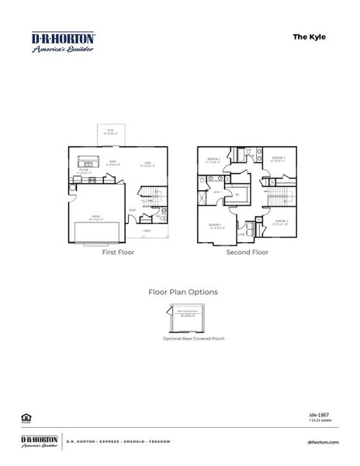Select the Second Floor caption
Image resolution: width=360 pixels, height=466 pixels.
click(247, 252)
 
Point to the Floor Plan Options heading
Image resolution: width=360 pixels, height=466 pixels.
click(182, 292)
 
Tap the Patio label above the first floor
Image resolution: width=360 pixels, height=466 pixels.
click(110, 132)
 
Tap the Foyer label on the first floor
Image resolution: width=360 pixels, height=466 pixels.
click(133, 209)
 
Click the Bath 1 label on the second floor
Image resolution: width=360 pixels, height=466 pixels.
click(217, 192)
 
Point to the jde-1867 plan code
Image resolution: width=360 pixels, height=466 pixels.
click(330, 416)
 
